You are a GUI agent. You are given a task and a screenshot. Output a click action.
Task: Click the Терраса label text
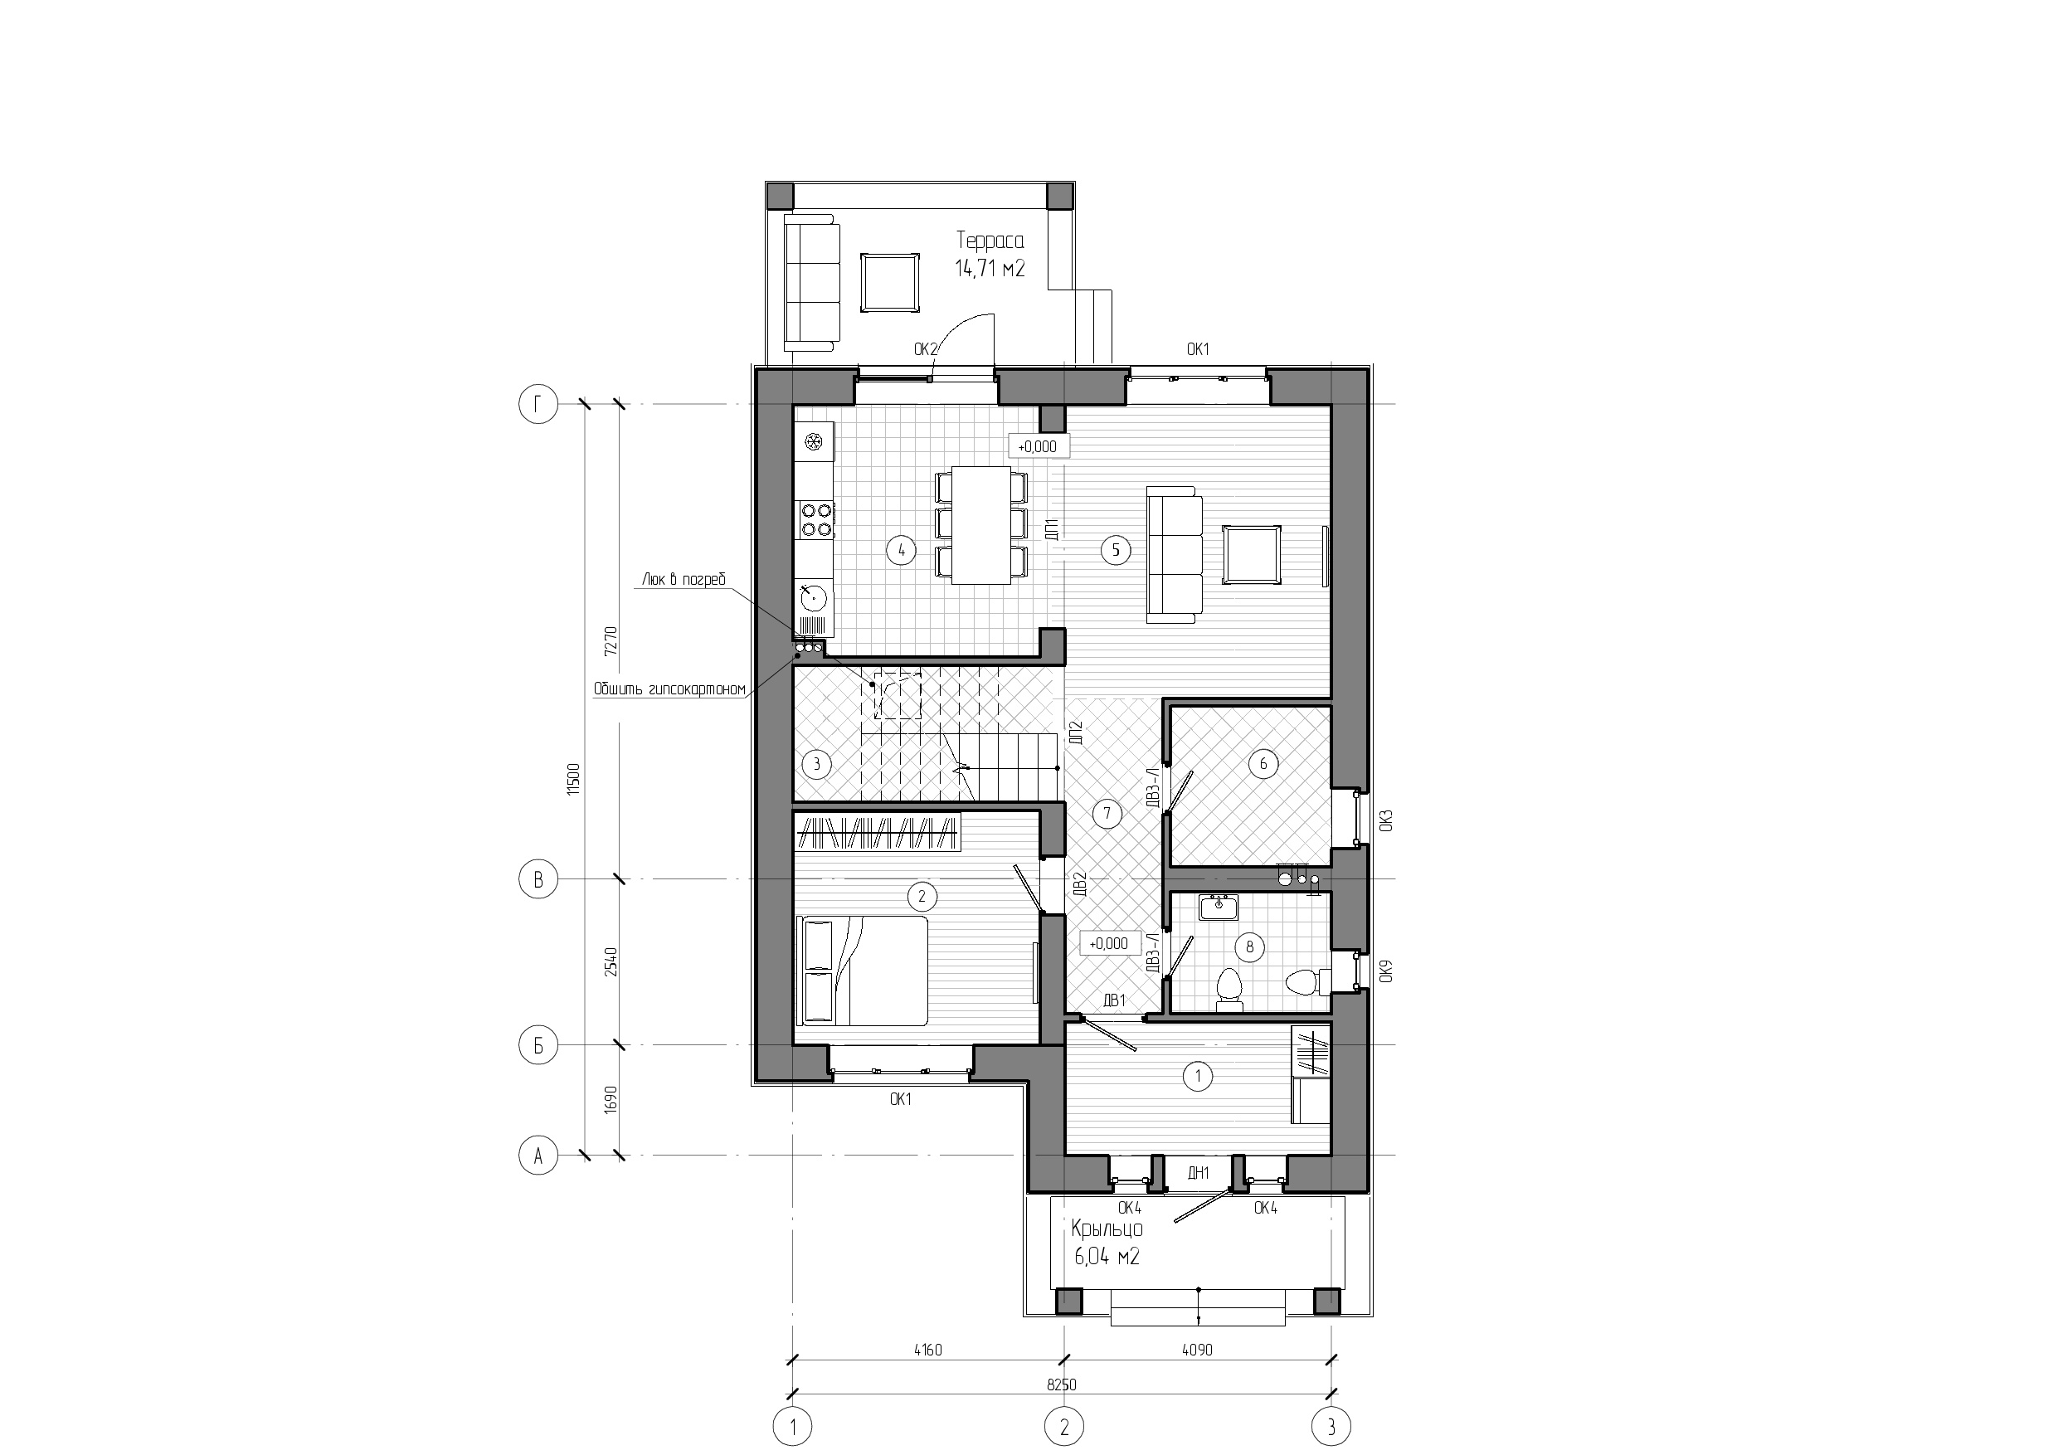(x=990, y=241)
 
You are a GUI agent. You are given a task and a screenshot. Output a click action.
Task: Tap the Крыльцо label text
(x=1107, y=1229)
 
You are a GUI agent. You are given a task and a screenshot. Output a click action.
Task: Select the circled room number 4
(x=901, y=551)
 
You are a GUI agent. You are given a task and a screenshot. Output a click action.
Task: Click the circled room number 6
(x=1263, y=764)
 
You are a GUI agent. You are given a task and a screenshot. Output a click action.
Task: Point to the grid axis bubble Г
(x=538, y=404)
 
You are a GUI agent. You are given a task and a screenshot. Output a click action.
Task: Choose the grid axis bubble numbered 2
(x=1064, y=1425)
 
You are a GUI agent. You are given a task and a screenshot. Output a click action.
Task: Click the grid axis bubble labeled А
(x=538, y=1156)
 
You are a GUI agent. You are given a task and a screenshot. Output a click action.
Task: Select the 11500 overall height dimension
(x=575, y=779)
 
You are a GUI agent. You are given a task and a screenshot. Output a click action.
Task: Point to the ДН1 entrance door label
(x=1199, y=1173)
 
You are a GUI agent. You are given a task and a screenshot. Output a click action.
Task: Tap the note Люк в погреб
(x=684, y=580)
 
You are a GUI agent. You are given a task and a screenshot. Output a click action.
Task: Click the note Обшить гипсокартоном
(x=669, y=689)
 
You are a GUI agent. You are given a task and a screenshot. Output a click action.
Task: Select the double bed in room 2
(x=863, y=970)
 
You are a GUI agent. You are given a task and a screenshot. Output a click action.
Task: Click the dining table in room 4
(x=980, y=525)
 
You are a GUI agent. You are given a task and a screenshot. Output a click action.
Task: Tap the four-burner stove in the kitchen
(x=187, y=520)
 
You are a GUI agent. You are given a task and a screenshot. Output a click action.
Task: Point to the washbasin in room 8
(x=1219, y=908)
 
